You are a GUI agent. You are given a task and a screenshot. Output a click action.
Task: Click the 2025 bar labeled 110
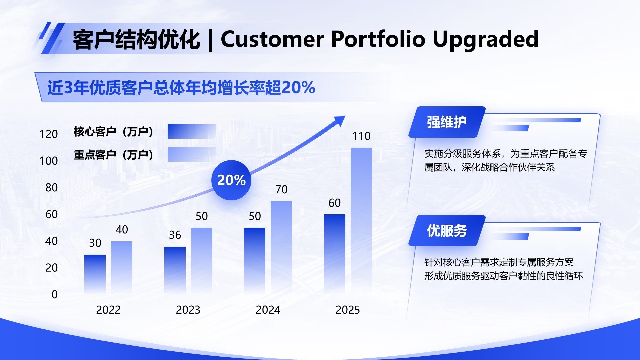(x=361, y=220)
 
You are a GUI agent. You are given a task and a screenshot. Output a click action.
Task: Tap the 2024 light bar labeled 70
(x=281, y=247)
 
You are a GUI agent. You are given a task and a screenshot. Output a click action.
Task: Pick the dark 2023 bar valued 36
(x=175, y=270)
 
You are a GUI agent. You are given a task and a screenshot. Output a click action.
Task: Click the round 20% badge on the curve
(x=231, y=180)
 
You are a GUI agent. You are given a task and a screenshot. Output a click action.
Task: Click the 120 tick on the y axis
(x=49, y=134)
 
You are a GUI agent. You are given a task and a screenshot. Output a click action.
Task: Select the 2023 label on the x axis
(x=188, y=310)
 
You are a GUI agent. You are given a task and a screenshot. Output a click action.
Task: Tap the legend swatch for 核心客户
(x=192, y=131)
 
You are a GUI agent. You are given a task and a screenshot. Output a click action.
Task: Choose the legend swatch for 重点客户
(x=192, y=154)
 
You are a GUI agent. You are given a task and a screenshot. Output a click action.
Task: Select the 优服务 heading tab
(x=447, y=231)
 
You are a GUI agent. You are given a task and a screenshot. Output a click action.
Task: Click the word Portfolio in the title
(x=378, y=39)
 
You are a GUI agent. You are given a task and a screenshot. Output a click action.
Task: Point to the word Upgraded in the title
(x=485, y=39)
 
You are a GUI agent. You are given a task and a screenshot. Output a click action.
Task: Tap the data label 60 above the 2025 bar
(x=335, y=203)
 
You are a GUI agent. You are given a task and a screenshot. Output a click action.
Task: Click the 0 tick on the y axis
(x=55, y=295)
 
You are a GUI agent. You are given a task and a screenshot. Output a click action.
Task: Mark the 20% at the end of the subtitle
(x=298, y=88)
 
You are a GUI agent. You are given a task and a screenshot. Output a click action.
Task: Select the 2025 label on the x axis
(x=348, y=310)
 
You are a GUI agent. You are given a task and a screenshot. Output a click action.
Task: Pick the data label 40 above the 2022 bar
(x=122, y=230)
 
